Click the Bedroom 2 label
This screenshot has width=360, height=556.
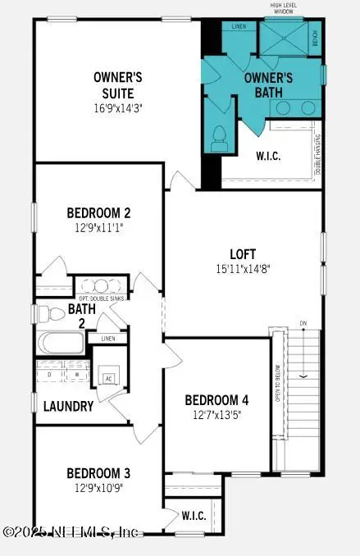click(99, 212)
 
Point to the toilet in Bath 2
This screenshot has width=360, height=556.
click(52, 313)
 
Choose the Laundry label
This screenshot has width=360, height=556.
click(68, 406)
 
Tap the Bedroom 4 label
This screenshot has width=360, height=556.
click(216, 399)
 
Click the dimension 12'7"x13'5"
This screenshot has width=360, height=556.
click(216, 415)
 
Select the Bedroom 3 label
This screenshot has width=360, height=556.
click(98, 473)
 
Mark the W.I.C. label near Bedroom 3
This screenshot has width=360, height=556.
click(194, 517)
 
